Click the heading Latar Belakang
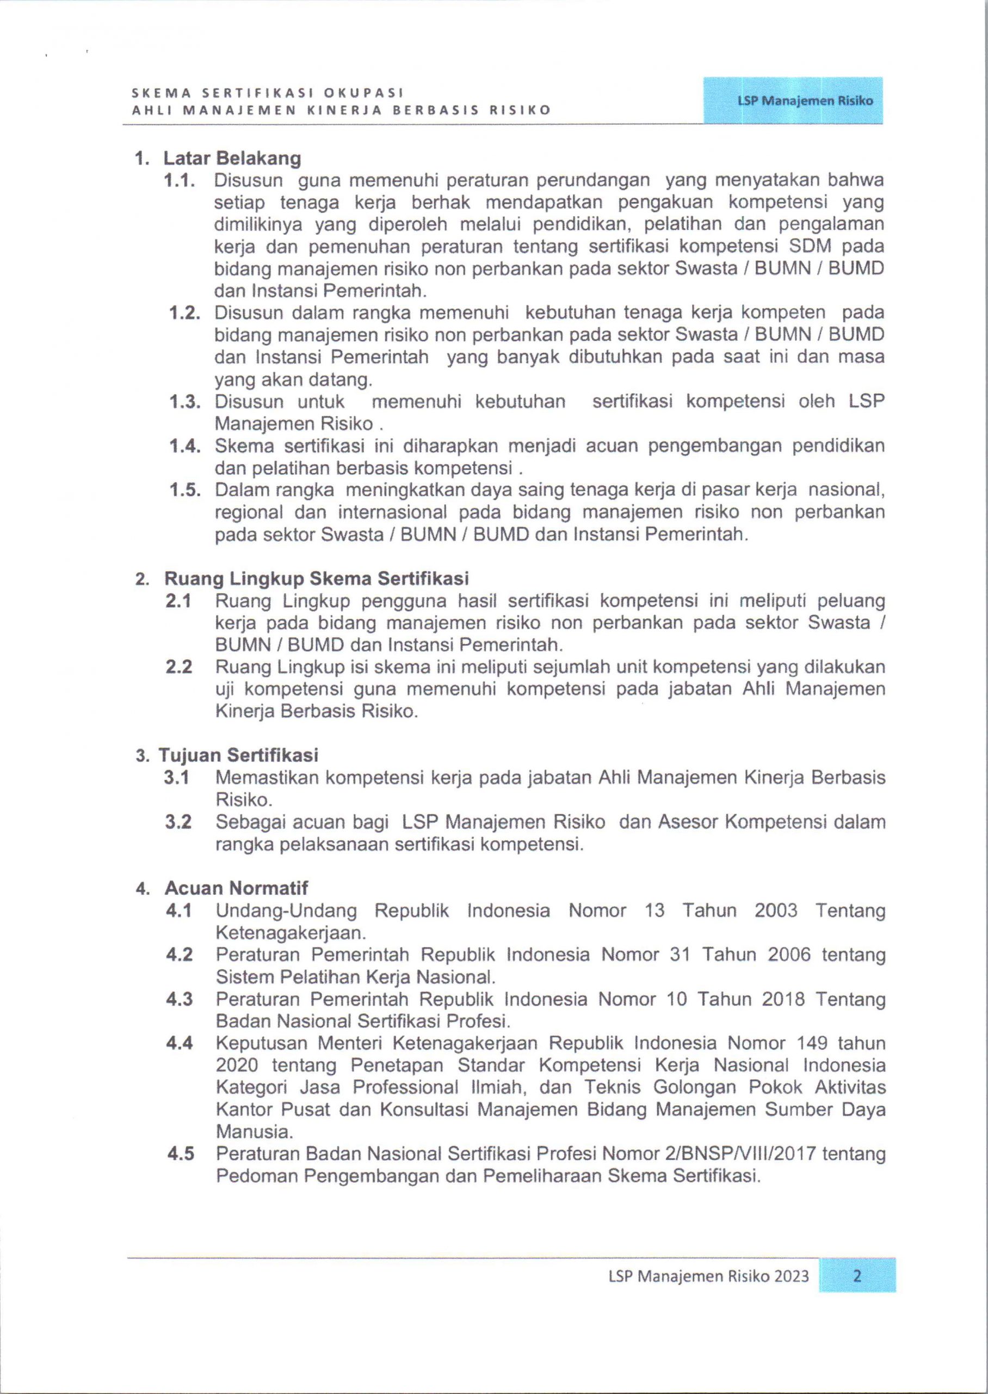click(232, 158)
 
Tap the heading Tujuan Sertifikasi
click(238, 755)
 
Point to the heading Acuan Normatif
click(236, 888)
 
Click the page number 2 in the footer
click(857, 1275)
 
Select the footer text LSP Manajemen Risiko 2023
click(709, 1276)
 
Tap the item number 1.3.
click(185, 402)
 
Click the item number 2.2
click(179, 667)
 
